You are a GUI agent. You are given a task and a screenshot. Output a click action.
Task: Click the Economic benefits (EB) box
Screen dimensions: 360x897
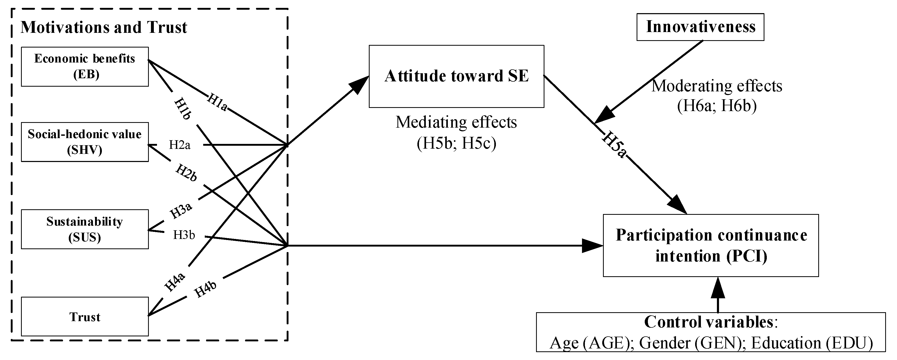[x=85, y=66]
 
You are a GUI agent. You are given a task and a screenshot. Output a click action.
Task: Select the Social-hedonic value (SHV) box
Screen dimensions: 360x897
[x=85, y=142]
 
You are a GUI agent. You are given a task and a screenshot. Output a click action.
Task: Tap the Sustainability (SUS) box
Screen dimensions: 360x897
[x=85, y=229]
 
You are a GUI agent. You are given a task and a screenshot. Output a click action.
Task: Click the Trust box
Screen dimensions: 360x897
[x=85, y=316]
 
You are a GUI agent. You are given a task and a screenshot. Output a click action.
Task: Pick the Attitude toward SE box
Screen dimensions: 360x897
[x=456, y=76]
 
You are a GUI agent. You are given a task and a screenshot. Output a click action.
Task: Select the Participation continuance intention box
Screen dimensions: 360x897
[x=710, y=246]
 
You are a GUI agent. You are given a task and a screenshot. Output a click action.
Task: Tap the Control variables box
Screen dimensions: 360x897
[x=710, y=332]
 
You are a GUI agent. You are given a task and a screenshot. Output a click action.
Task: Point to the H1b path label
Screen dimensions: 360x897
[x=182, y=109]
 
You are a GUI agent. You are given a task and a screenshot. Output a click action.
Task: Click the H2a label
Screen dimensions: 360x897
[x=180, y=145]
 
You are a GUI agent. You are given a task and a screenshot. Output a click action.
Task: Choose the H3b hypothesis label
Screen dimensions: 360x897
[x=184, y=235]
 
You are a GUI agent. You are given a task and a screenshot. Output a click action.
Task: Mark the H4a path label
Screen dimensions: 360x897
[x=175, y=282]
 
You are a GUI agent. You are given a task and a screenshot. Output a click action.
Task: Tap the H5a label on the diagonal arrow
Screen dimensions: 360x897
[x=614, y=144]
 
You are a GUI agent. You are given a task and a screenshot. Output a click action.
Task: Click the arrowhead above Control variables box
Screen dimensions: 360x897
[x=718, y=288]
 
